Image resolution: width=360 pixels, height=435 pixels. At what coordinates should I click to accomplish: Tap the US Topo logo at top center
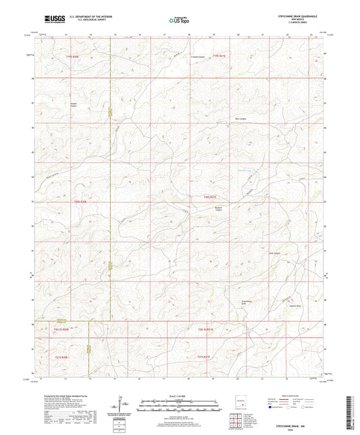click(x=179, y=21)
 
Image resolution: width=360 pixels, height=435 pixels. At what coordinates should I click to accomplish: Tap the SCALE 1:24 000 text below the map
click(x=180, y=395)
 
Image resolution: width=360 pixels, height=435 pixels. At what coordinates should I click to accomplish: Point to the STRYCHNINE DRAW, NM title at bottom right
click(x=296, y=420)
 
